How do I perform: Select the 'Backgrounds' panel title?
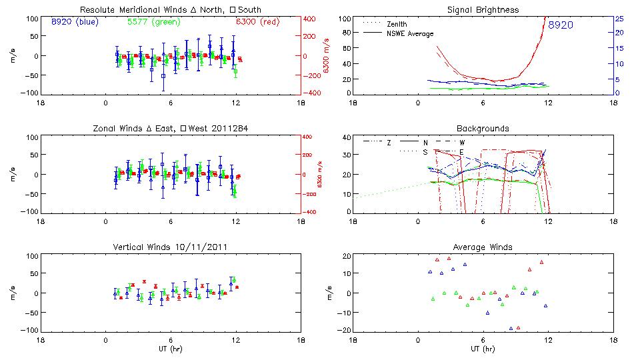point(483,128)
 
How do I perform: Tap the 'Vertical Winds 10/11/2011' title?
point(171,247)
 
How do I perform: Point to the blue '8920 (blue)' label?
point(74,21)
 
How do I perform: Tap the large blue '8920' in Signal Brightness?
point(561,25)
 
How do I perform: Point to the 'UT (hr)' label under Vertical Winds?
point(171,349)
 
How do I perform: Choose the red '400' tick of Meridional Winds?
point(311,19)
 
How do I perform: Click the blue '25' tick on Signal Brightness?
point(619,18)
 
